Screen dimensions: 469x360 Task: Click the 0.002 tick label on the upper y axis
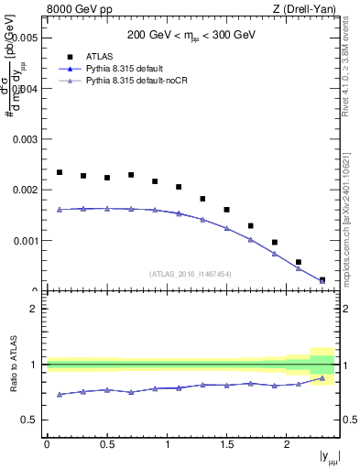[26, 191]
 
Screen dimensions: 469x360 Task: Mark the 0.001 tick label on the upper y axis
[26, 241]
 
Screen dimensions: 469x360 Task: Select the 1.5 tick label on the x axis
[226, 444]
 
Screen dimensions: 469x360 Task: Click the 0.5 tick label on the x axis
[106, 444]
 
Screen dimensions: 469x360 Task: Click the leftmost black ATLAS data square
[60, 172]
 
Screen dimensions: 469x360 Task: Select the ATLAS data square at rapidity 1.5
[227, 210]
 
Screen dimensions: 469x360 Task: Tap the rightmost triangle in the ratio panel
[322, 377]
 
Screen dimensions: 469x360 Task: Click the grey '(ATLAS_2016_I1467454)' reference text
[191, 273]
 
